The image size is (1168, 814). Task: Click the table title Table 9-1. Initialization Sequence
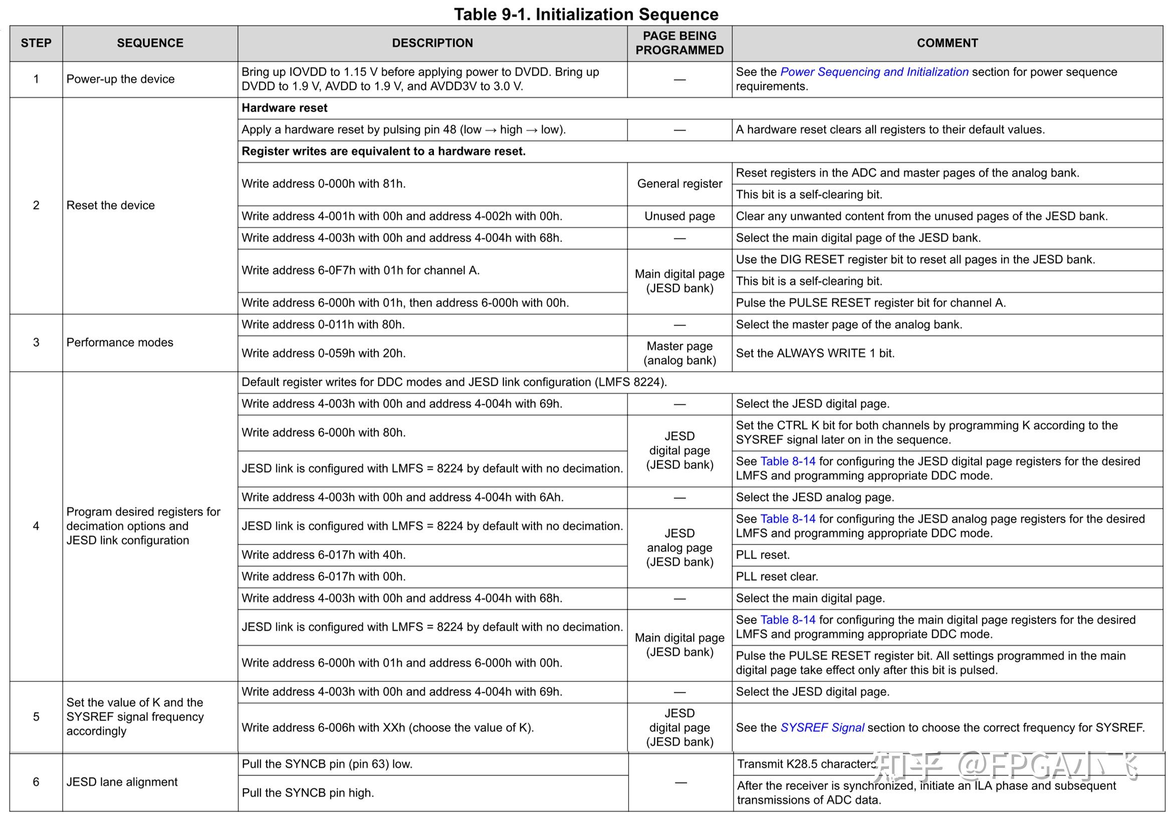coord(586,14)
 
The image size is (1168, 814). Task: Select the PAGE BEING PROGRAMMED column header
coord(679,43)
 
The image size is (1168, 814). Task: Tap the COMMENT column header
coord(947,43)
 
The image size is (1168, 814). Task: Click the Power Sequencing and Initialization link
coord(873,72)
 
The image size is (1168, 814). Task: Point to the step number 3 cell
coord(36,343)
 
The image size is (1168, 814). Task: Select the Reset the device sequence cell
coord(110,205)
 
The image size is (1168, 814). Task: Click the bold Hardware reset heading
coord(285,108)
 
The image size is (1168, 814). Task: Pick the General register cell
coord(679,184)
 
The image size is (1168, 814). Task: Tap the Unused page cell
coord(679,216)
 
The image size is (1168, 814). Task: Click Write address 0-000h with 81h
coord(324,184)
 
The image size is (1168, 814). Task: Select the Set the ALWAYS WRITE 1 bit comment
coord(814,353)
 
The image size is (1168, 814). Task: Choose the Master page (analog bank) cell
coord(679,353)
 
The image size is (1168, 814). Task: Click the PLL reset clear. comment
coord(776,577)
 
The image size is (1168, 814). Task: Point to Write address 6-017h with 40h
coord(324,555)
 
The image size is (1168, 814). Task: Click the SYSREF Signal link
coord(822,727)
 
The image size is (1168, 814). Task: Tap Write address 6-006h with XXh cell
coord(388,727)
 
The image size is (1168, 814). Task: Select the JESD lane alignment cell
coord(122,782)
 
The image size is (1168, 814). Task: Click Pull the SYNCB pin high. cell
coord(308,792)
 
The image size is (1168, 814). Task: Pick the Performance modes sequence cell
coord(120,343)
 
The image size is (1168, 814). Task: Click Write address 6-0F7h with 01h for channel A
coord(360,270)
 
